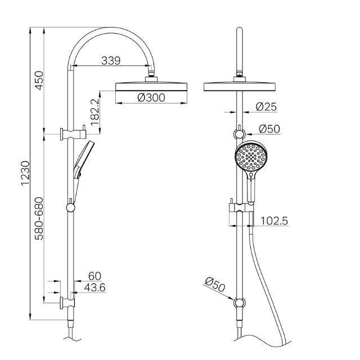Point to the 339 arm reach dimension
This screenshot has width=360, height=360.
click(x=110, y=61)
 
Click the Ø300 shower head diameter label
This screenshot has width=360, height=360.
click(x=151, y=97)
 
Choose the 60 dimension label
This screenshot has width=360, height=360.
click(x=94, y=276)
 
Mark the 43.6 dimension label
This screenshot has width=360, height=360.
click(x=94, y=287)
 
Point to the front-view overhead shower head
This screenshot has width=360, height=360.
click(x=241, y=86)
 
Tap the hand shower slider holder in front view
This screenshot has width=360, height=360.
click(x=240, y=213)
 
